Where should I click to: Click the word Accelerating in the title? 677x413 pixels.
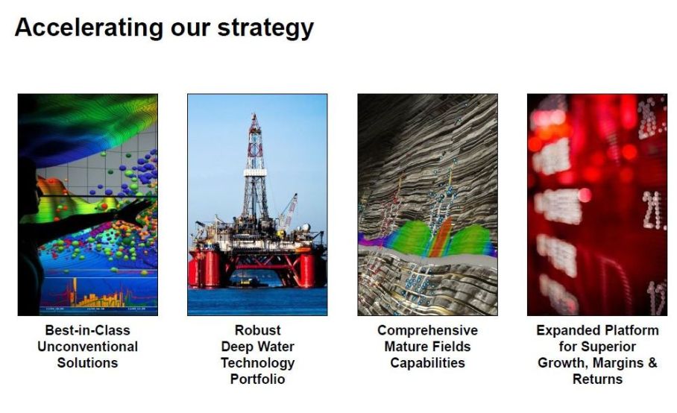pos(89,28)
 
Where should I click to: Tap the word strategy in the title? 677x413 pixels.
pos(265,28)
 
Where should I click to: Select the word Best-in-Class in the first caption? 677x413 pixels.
pos(88,330)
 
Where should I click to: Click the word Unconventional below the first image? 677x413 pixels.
pos(88,347)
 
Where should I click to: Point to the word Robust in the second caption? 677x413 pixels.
pos(257,330)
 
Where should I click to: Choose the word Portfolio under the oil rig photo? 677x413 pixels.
pos(257,379)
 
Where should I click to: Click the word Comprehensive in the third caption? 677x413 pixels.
pos(427,330)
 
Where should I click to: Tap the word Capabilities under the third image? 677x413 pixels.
pos(427,363)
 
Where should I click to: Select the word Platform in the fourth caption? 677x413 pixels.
pos(632,330)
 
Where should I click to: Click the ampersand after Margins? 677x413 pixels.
pos(652,363)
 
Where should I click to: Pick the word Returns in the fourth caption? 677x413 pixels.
pos(597,379)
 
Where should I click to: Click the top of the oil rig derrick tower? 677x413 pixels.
pos(255,116)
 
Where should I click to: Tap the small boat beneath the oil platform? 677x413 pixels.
pos(245,283)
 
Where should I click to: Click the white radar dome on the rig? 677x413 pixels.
pos(305,227)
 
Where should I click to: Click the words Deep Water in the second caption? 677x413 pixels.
pos(257,347)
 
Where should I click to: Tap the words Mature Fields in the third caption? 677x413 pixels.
pos(427,347)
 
